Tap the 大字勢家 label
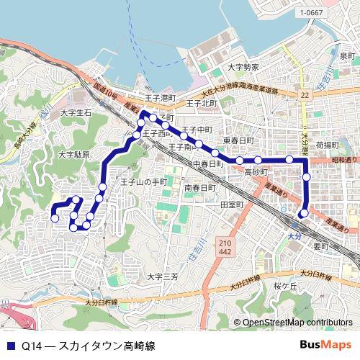coord(243,67)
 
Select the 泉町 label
coord(348,56)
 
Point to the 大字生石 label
coord(76,113)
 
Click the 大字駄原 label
coord(73,154)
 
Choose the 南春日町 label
coord(199,188)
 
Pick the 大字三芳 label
coord(163,276)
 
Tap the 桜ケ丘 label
coord(285,286)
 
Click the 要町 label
coord(320,246)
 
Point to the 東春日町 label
coord(238,140)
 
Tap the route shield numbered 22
coord(305,95)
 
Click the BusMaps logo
coord(325,345)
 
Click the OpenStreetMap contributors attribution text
coord(297,323)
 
